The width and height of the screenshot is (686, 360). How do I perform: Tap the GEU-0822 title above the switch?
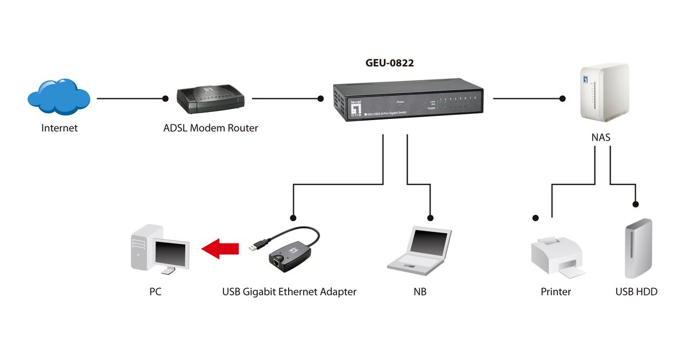pos(389,63)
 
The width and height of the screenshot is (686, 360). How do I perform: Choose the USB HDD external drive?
pos(636,249)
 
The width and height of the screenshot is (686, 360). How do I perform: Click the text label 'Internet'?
pos(59,128)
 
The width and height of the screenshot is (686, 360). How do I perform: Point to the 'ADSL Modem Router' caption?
pos(210,128)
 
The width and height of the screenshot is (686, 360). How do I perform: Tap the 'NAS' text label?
pos(603,138)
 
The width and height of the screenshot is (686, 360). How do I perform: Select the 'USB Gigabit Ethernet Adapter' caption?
pos(289,292)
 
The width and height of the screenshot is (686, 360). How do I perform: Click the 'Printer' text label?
pos(556,292)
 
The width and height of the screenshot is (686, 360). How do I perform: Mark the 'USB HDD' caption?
pos(636,292)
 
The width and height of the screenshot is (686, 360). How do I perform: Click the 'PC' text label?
pos(155,292)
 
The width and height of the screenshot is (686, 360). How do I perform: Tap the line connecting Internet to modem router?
pos(131,98)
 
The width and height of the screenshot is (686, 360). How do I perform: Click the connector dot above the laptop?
pos(430,218)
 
